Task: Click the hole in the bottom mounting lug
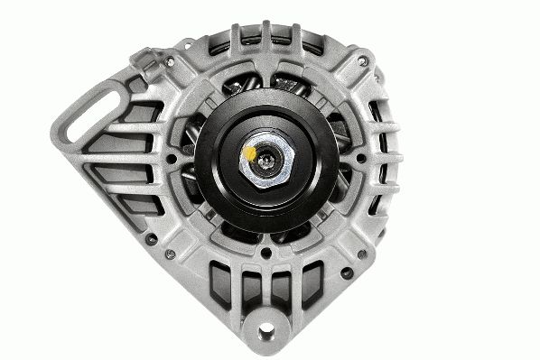click(266, 332)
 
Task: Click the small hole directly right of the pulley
click(361, 159)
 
